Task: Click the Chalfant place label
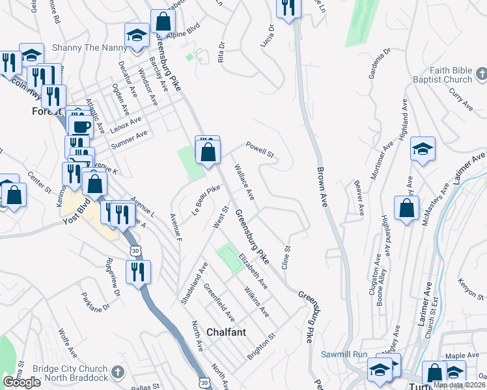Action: click(226, 331)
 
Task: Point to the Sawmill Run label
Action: click(345, 354)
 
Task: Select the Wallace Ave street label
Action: click(244, 181)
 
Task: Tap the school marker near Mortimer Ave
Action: click(423, 151)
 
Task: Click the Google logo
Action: click(22, 382)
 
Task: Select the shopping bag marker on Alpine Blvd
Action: click(162, 21)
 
